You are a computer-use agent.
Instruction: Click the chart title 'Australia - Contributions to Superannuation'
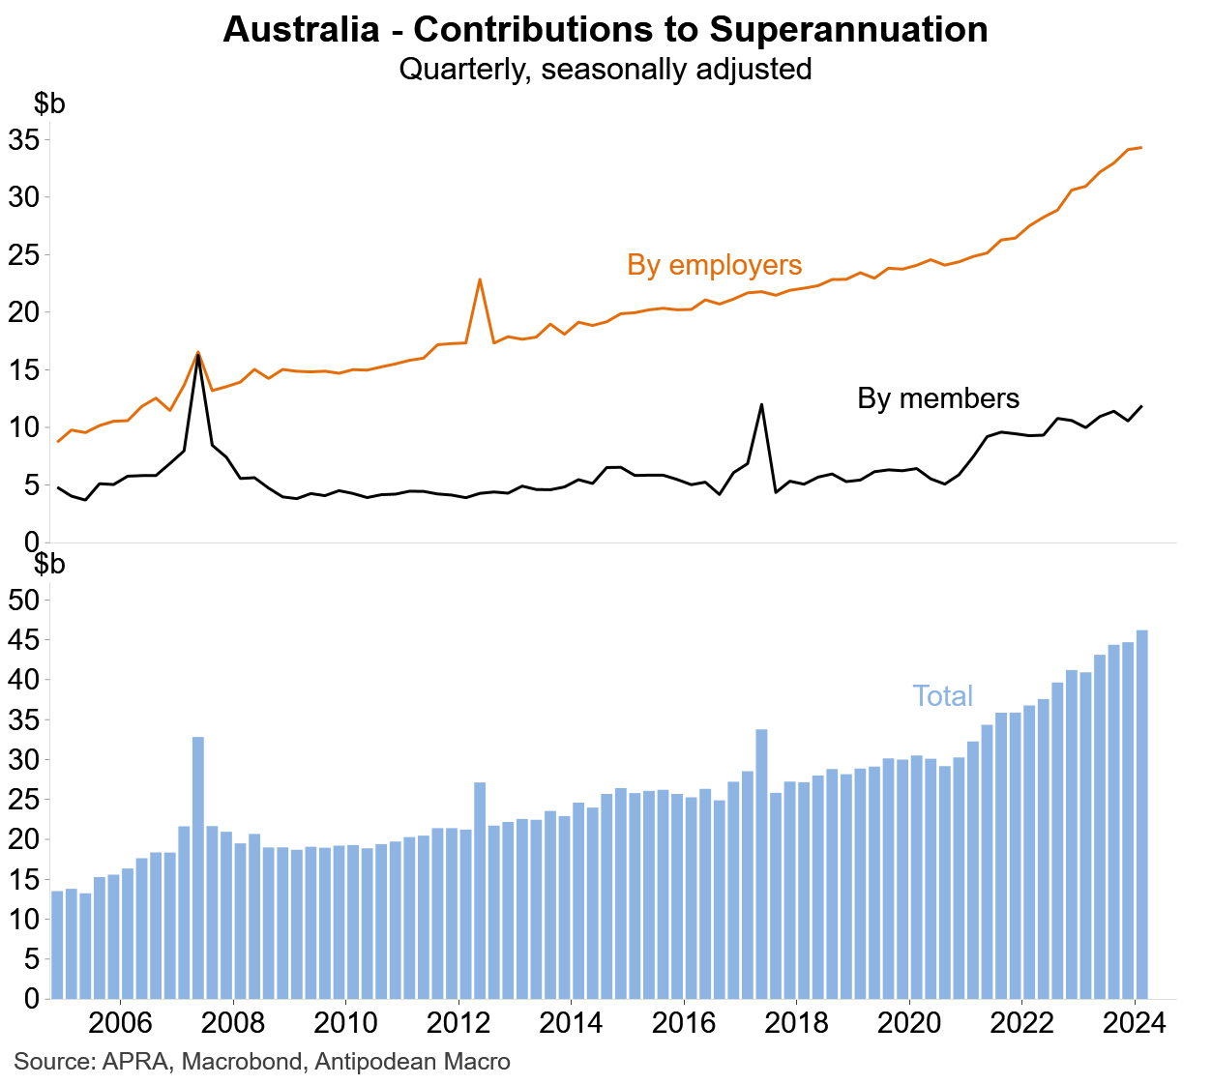[x=606, y=30]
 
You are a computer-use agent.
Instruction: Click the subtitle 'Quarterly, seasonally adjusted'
[x=606, y=70]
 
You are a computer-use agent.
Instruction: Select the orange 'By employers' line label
[x=714, y=265]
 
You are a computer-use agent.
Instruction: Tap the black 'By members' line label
[x=938, y=398]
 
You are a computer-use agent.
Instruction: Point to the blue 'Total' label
[x=942, y=696]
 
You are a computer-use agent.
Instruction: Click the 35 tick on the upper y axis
[x=23, y=140]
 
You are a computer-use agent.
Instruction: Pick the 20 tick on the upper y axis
[x=23, y=312]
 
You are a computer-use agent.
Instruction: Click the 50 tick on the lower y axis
[x=23, y=601]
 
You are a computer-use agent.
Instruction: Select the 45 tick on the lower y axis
[x=23, y=640]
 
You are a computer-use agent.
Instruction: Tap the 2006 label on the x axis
[x=120, y=1023]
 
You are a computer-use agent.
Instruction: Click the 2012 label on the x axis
[x=458, y=1023]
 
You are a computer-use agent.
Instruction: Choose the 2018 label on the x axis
[x=796, y=1023]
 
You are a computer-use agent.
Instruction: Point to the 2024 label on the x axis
[x=1134, y=1023]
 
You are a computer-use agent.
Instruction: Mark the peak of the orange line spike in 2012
[x=480, y=279]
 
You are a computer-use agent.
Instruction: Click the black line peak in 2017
[x=761, y=404]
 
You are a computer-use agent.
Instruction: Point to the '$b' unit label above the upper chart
[x=49, y=104]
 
